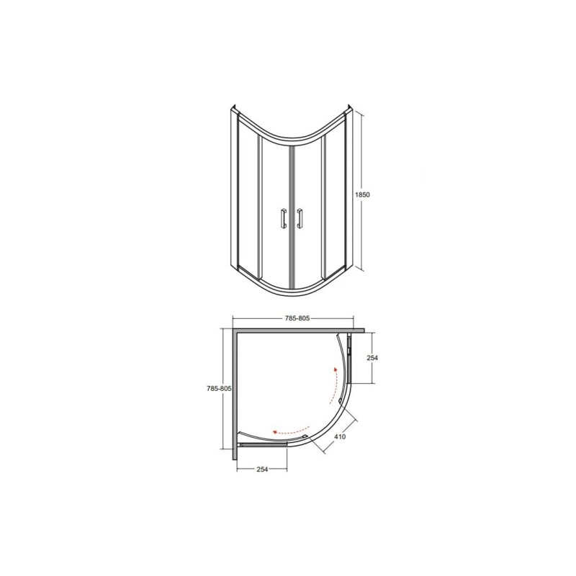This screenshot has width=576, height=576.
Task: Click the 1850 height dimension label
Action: coord(362,194)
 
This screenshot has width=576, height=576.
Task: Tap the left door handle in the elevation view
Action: coord(283,219)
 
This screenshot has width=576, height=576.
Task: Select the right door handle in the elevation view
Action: coord(300,219)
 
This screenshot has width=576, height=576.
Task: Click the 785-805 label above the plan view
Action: coord(297,318)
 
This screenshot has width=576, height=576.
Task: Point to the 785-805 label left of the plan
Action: coord(220,389)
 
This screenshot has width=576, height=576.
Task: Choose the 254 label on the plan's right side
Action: coord(372,357)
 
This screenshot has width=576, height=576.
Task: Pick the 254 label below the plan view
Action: coord(262,469)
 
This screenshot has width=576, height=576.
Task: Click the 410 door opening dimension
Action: coord(340,437)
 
